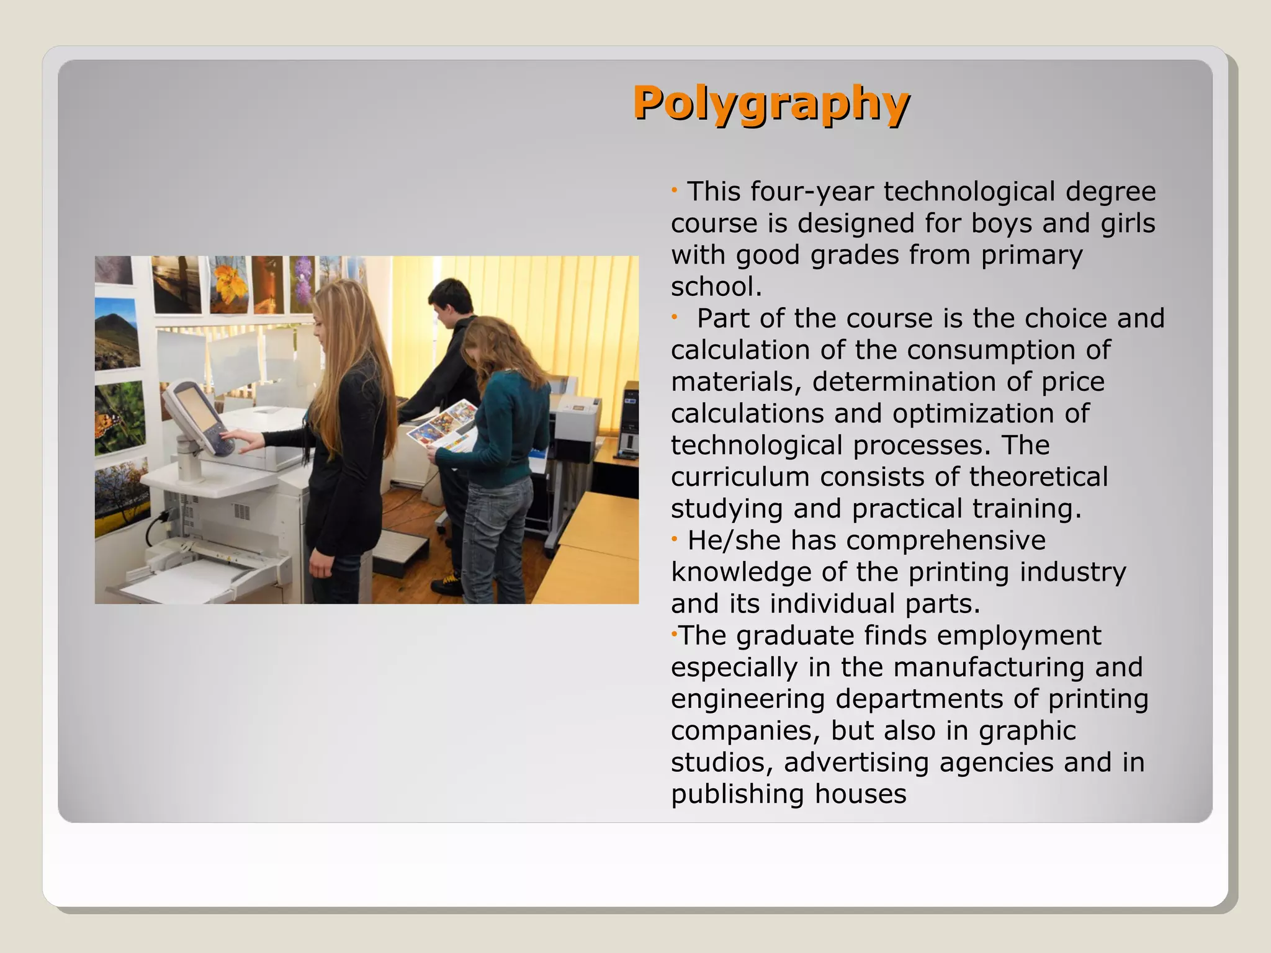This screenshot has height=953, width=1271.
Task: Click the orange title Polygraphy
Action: pyautogui.click(x=771, y=103)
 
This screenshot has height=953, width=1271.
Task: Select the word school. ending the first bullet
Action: pyautogui.click(x=716, y=287)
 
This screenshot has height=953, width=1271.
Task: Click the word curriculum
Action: pyautogui.click(x=740, y=477)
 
